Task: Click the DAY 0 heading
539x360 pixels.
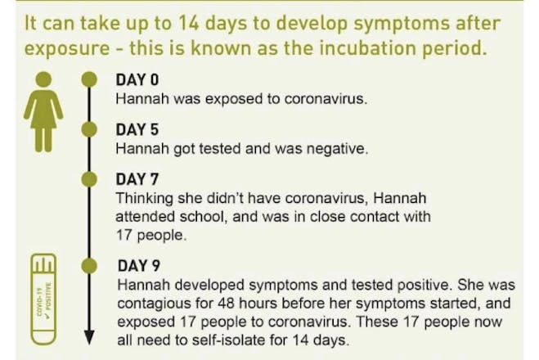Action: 137,79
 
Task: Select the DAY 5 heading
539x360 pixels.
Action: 137,129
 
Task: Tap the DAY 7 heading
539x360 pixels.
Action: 137,179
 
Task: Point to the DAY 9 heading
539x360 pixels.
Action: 139,265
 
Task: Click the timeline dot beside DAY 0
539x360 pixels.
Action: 89,79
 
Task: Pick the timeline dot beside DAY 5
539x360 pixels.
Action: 89,129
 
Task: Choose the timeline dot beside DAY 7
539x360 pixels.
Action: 89,179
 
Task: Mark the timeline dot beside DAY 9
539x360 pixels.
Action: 89,266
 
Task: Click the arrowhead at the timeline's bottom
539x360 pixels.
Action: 89,337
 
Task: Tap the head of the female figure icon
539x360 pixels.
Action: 43,79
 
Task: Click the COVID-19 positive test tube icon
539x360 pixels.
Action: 43,299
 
